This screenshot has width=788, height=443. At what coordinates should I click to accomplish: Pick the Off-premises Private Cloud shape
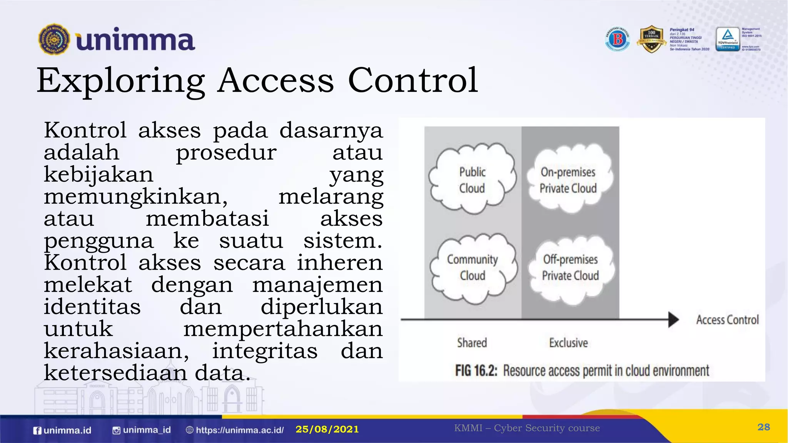coord(570,267)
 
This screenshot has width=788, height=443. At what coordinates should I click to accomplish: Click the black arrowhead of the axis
coord(673,320)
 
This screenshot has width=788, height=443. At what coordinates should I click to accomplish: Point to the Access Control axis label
coord(727,320)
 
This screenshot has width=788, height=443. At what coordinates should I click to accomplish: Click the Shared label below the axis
coord(472,343)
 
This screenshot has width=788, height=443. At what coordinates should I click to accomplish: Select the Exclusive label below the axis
coord(568,343)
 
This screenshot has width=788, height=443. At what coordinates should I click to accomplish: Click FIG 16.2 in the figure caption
coord(476,371)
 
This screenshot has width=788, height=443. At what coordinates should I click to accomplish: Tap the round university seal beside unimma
coord(54,39)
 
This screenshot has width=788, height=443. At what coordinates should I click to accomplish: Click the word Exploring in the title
coord(120,81)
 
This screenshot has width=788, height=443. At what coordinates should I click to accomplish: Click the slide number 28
coord(763,427)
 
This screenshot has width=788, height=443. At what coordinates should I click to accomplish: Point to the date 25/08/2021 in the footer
coord(327,429)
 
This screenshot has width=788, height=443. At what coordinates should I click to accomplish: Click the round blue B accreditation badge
coord(618,39)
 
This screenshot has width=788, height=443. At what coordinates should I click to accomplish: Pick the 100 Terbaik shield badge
coord(651,39)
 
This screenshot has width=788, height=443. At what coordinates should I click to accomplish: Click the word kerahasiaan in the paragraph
coord(116,351)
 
